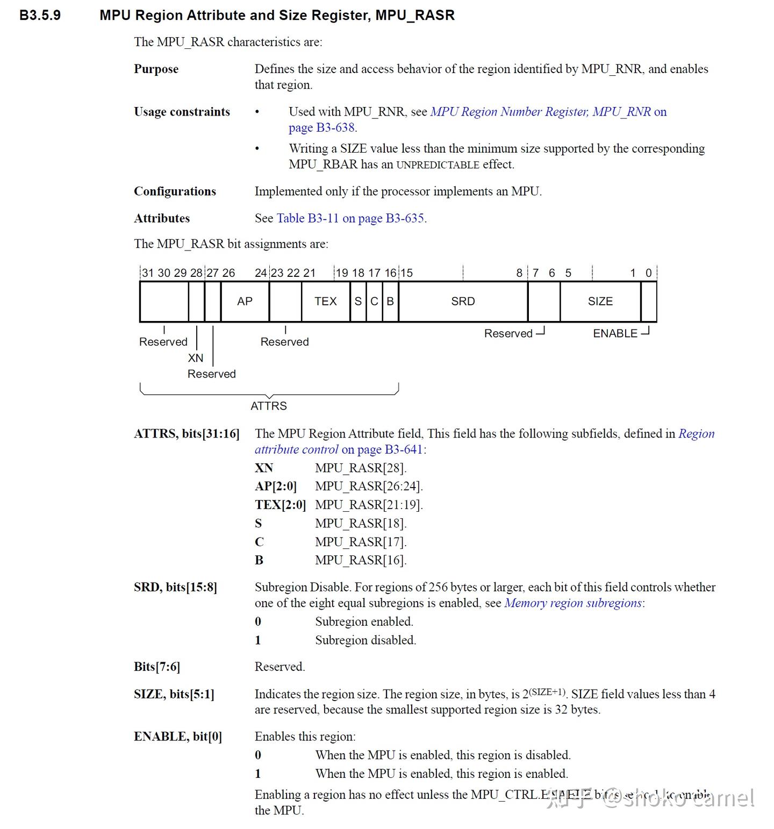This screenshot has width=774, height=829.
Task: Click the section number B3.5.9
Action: (40, 15)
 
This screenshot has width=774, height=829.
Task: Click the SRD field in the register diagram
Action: (463, 302)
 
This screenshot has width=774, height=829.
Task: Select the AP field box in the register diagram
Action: (245, 302)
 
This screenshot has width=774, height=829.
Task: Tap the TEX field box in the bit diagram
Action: (325, 302)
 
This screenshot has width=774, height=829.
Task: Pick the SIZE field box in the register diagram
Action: (600, 302)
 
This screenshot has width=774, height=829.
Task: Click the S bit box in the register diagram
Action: (358, 302)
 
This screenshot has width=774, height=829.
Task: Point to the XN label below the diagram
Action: (196, 358)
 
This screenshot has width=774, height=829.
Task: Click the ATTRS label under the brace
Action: (268, 406)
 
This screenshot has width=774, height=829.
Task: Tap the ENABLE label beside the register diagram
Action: (615, 333)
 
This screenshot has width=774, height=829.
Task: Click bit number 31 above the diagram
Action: (148, 273)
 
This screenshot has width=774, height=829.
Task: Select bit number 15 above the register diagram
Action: (406, 273)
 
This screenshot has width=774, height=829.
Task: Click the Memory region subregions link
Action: (572, 603)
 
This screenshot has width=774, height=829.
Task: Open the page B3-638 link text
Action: (321, 128)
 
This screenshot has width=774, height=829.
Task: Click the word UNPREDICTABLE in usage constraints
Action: (438, 165)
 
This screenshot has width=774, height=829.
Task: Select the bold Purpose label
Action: (156, 69)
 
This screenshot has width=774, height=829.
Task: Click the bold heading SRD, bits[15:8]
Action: (175, 587)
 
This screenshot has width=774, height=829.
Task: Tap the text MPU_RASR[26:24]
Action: (369, 486)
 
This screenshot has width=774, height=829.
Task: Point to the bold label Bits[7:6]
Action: (156, 667)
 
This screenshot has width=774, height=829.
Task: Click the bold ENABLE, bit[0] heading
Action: (177, 737)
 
